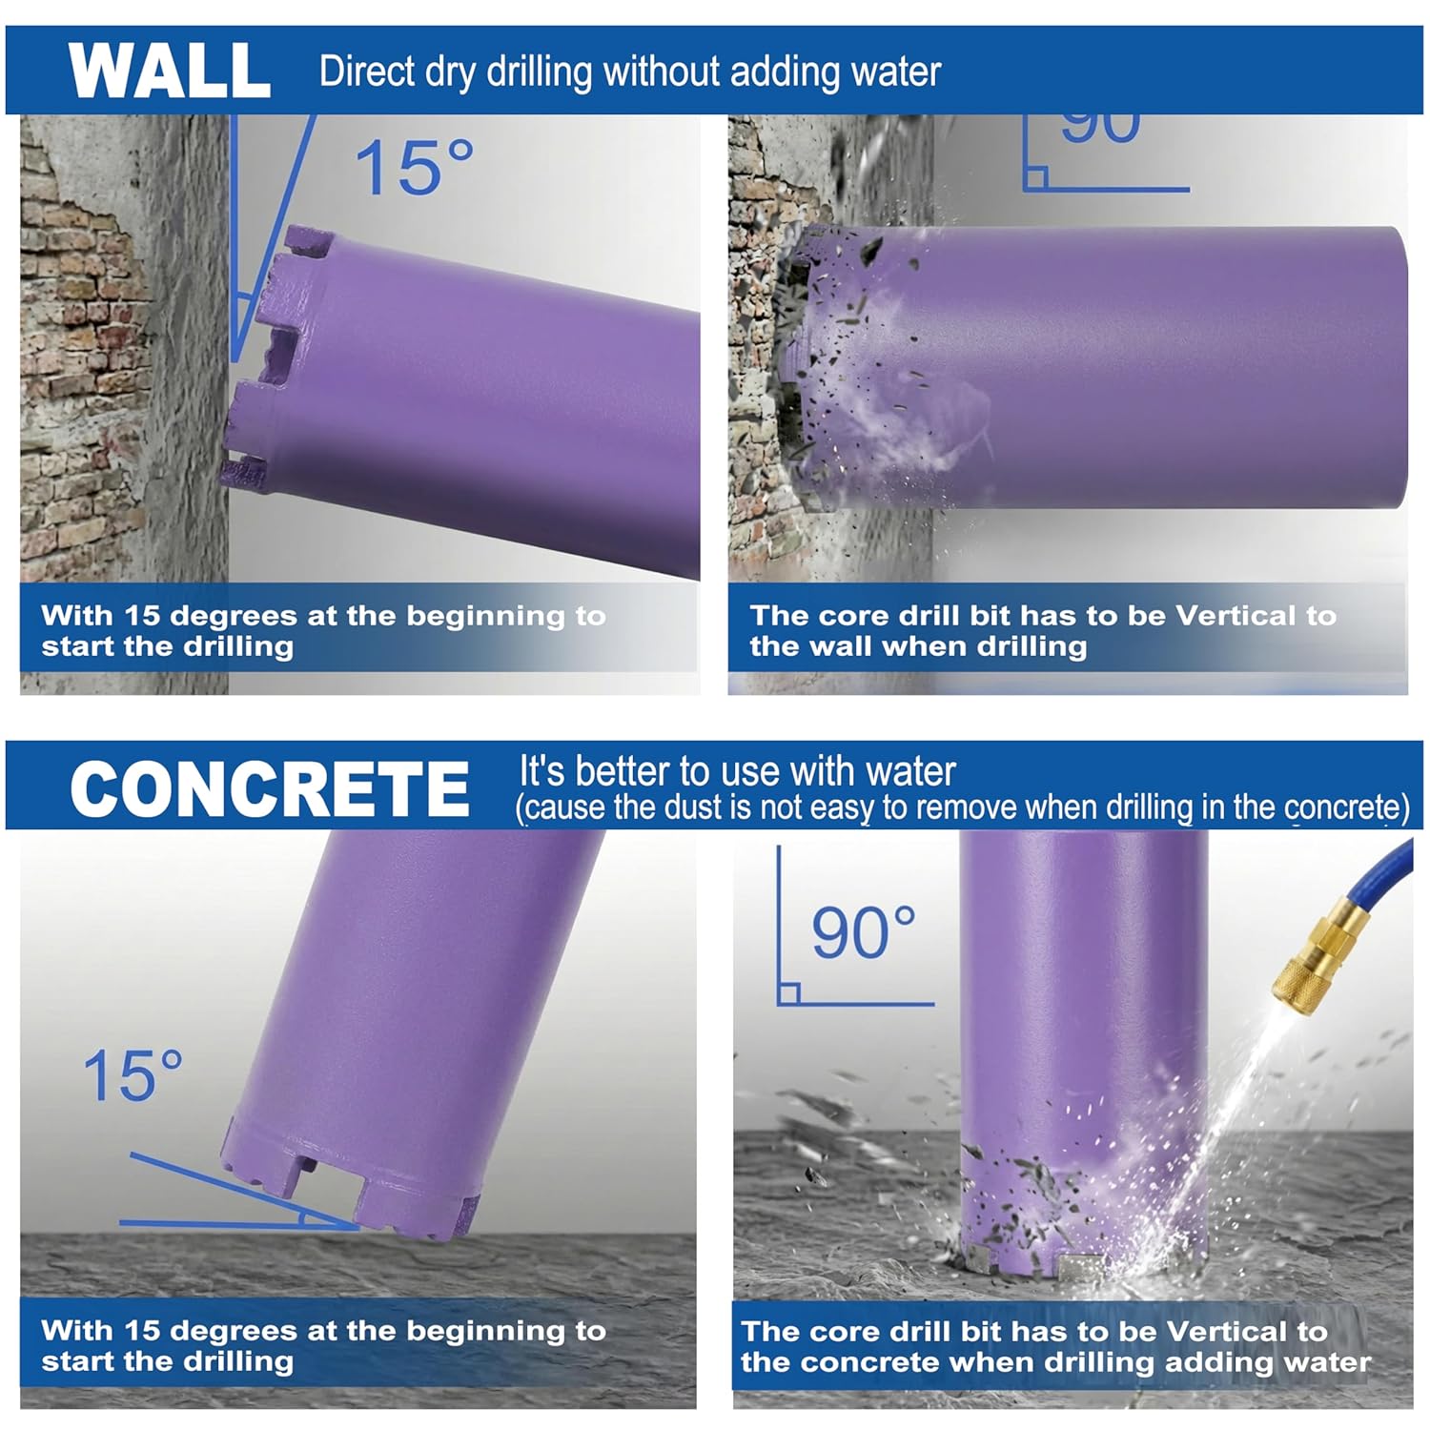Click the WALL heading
pyautogui.click(x=170, y=71)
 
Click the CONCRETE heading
pyautogui.click(x=270, y=789)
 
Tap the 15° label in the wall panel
pyautogui.click(x=414, y=169)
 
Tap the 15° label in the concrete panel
pyautogui.click(x=133, y=1076)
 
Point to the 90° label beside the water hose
pyautogui.click(x=863, y=932)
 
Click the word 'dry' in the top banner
pyautogui.click(x=451, y=72)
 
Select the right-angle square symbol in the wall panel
pyautogui.click(x=1036, y=178)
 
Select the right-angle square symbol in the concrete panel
pyautogui.click(x=788, y=992)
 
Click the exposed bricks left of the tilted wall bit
pyautogui.click(x=76, y=334)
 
